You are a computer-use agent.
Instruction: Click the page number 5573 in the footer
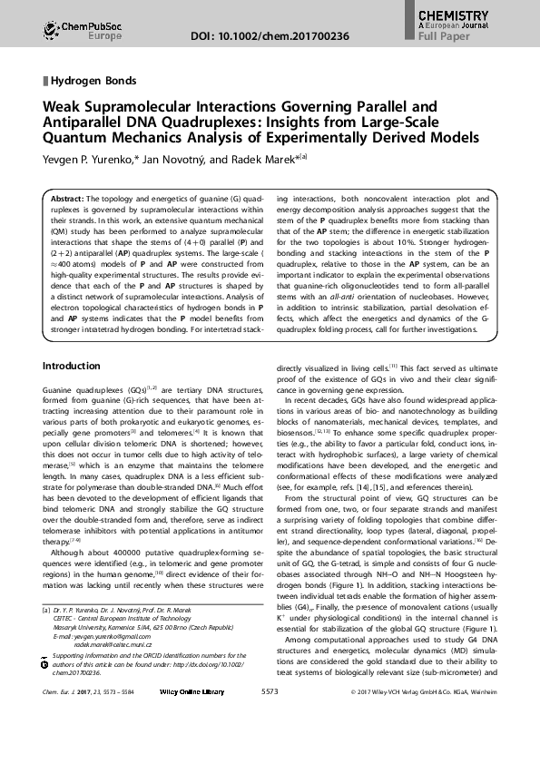[269, 717]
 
